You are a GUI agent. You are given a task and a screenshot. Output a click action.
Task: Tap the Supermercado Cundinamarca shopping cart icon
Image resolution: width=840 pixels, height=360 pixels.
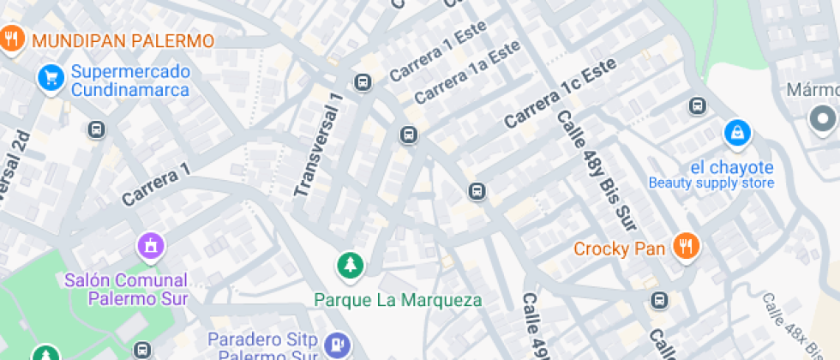click(51, 79)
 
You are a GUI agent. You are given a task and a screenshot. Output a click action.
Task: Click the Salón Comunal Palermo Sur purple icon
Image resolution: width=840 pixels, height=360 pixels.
click(150, 247)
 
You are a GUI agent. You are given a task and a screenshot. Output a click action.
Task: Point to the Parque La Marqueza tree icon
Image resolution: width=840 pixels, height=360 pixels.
click(349, 265)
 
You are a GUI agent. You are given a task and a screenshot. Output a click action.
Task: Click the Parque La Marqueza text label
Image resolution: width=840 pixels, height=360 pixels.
click(398, 300)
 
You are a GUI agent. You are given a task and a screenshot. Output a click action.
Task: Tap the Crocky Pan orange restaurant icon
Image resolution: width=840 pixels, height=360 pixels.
click(685, 247)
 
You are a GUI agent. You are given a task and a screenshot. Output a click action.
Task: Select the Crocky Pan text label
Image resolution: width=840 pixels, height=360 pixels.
click(620, 249)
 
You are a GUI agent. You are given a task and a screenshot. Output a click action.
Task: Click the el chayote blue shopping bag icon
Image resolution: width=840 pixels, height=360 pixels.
click(736, 133)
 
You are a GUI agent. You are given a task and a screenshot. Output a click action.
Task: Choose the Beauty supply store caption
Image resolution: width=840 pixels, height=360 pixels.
click(711, 183)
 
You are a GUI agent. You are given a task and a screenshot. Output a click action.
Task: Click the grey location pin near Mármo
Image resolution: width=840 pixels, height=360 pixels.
click(824, 119)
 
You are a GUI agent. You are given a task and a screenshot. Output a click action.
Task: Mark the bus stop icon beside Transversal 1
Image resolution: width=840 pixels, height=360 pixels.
click(363, 82)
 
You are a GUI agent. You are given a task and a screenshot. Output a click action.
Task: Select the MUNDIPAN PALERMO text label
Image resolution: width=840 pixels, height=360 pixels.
click(122, 41)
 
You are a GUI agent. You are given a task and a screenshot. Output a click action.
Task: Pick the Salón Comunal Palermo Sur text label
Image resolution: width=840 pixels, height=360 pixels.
click(126, 289)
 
